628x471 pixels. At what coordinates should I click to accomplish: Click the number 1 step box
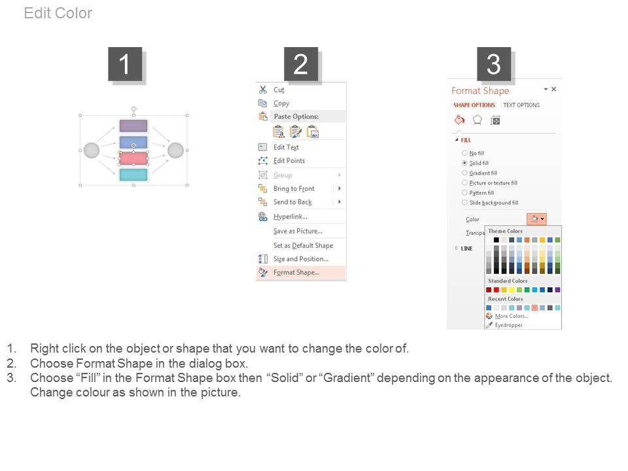tap(125, 64)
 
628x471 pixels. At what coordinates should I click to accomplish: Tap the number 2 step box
tap(301, 64)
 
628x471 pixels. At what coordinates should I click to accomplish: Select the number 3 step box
tap(494, 64)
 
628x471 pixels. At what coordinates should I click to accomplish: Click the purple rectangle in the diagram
tap(133, 126)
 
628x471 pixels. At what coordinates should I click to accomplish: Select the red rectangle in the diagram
tap(133, 158)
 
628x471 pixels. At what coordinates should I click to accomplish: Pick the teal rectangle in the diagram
tap(133, 175)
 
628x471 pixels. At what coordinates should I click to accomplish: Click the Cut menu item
tap(279, 90)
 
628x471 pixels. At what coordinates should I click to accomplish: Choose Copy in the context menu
tap(281, 103)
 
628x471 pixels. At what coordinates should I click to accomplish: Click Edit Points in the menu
tap(288, 161)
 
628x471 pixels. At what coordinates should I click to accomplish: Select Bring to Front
tap(294, 188)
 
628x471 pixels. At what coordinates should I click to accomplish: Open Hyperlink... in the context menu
tap(290, 217)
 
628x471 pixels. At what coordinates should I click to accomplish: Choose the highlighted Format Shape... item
tap(301, 272)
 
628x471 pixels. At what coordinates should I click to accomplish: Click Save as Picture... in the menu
tap(298, 231)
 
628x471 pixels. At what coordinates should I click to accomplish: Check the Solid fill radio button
tap(464, 163)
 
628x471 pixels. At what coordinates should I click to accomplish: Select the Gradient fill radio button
tap(464, 173)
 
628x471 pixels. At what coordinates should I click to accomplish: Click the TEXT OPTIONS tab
tap(521, 105)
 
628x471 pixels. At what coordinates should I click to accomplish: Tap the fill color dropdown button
tap(536, 219)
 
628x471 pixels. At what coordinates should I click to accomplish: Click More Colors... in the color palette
tap(512, 316)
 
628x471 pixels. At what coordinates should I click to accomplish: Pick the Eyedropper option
tap(508, 325)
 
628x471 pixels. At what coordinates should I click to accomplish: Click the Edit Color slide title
tap(58, 13)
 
